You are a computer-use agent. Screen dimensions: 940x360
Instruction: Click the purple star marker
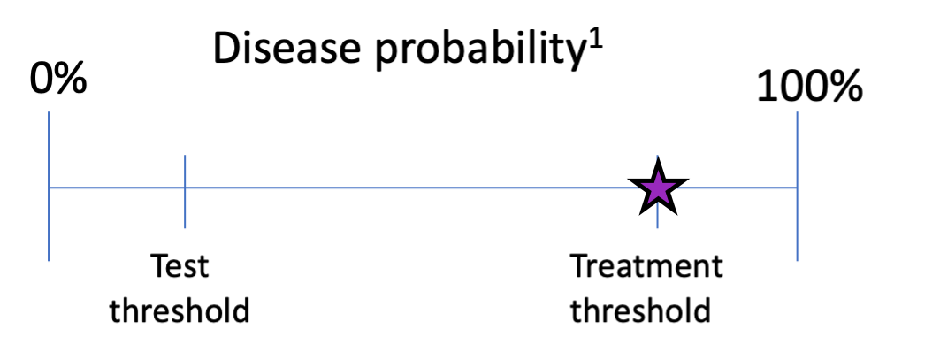(x=657, y=188)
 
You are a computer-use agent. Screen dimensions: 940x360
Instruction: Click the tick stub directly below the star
(x=657, y=218)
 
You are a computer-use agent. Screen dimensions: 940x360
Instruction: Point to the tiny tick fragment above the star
(x=657, y=157)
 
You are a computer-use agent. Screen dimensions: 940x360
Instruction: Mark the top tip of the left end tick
(x=49, y=113)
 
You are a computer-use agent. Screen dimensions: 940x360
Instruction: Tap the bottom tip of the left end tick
(x=49, y=261)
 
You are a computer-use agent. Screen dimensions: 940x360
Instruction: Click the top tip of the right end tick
(x=797, y=113)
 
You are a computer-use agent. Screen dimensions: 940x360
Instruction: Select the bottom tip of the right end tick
(x=797, y=261)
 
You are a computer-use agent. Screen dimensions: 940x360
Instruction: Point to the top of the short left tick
(x=185, y=157)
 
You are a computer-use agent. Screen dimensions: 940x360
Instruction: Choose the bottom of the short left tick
(x=185, y=228)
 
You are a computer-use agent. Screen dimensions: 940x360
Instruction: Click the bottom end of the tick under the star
(x=657, y=228)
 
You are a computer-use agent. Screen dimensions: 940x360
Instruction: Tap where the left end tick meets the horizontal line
(x=49, y=188)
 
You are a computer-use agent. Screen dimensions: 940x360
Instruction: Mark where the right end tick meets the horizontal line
(x=797, y=188)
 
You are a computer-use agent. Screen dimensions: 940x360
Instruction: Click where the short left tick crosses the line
(x=185, y=188)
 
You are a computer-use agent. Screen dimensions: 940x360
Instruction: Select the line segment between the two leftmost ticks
(x=117, y=188)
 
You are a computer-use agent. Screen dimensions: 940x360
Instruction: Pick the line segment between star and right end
(x=736, y=188)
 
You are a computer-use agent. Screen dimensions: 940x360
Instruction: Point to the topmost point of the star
(x=657, y=171)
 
